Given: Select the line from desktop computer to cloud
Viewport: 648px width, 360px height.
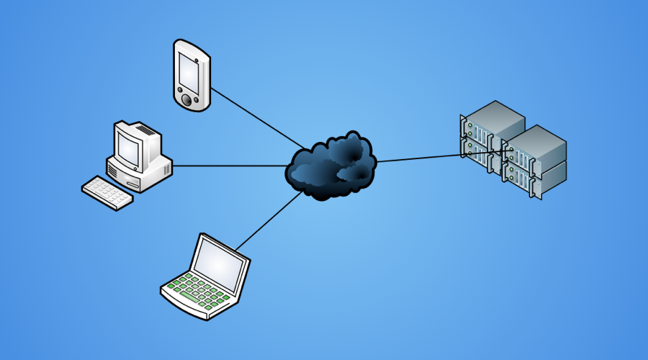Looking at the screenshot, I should click(230, 166).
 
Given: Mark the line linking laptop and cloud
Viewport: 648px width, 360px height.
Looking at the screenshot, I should click(266, 220).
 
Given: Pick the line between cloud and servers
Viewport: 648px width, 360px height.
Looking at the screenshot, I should click(418, 157).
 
